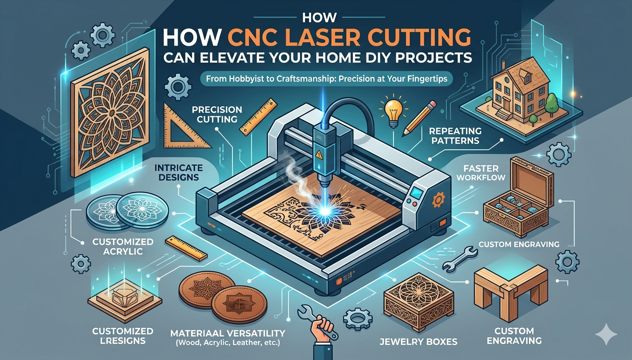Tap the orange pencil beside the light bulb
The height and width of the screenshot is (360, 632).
coord(419,119)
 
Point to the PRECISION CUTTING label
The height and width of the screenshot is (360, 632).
coord(217,114)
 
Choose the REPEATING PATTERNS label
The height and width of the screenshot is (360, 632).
coord(455,136)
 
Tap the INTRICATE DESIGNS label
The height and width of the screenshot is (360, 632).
coord(179,172)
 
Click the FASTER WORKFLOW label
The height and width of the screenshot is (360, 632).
coord(481,173)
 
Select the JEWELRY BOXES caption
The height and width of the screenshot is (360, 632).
coord(418,342)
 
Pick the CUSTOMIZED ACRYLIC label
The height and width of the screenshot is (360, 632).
coord(123,247)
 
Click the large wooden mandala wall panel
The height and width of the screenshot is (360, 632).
coord(110,112)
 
